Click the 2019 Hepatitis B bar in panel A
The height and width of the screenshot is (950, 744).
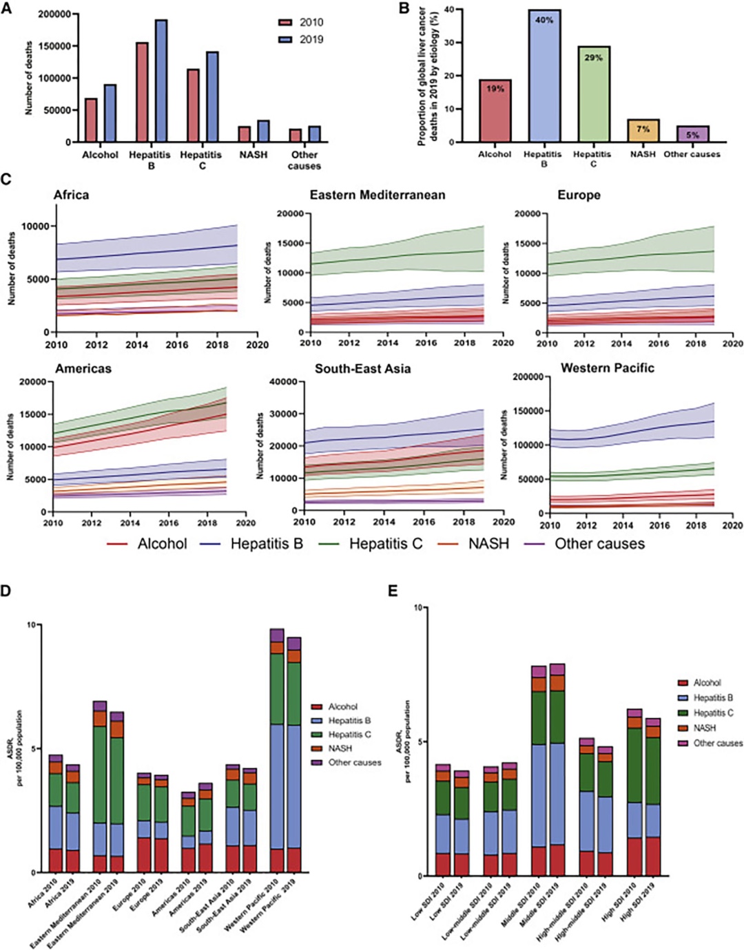coord(161,81)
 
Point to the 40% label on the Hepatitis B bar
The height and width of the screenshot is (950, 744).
coord(544,20)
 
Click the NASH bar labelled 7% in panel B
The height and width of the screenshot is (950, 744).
coord(643,131)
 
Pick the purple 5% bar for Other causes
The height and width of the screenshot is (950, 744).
coord(692,134)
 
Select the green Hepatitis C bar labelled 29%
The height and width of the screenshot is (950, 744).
coord(593,94)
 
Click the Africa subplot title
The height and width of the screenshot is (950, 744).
coord(71,195)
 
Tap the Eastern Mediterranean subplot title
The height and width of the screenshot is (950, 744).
coord(378,195)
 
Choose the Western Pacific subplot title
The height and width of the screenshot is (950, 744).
coord(607,368)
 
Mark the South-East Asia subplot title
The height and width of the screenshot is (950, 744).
coord(362,369)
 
